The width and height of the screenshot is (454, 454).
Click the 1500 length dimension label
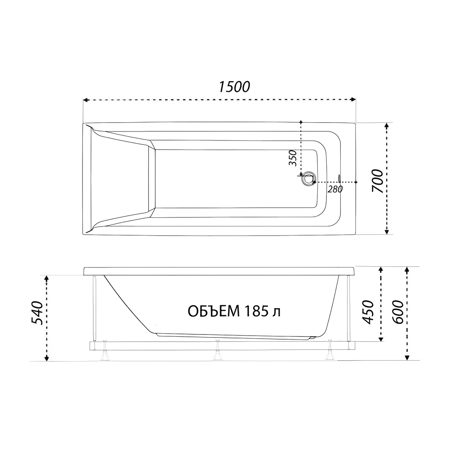(x=234, y=87)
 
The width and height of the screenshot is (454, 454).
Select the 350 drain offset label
(x=293, y=158)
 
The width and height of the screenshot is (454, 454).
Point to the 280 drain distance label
(x=335, y=189)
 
